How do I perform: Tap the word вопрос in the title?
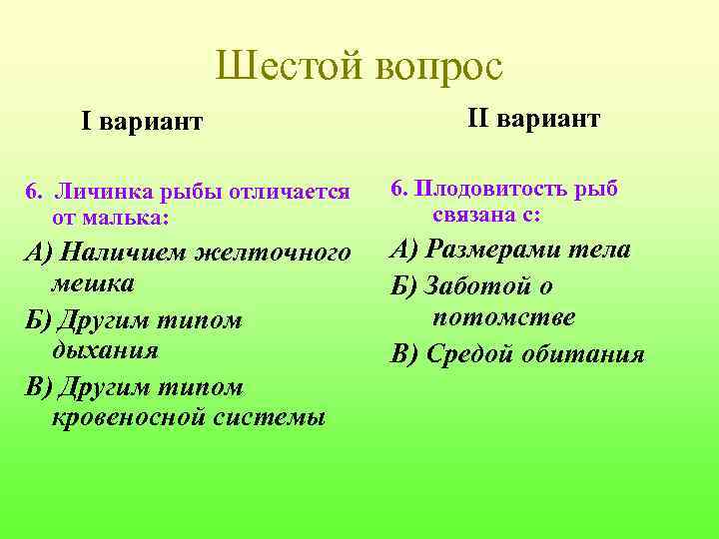click(439, 68)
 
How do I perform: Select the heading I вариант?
click(142, 123)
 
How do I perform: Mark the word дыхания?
click(104, 350)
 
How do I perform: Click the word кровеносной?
click(128, 416)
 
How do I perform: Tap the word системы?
click(269, 416)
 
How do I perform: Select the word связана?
click(475, 214)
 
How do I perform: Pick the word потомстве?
click(504, 317)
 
